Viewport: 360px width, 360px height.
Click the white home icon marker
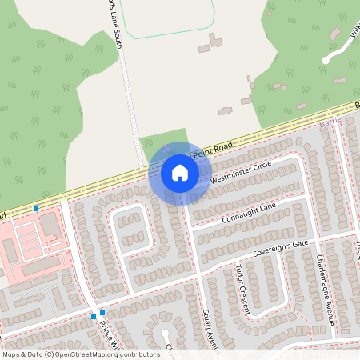(x=179, y=173)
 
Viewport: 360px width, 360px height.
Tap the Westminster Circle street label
(x=241, y=172)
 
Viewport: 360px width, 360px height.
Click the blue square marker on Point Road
(x=36, y=209)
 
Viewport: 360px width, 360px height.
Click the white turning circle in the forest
(x=325, y=60)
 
